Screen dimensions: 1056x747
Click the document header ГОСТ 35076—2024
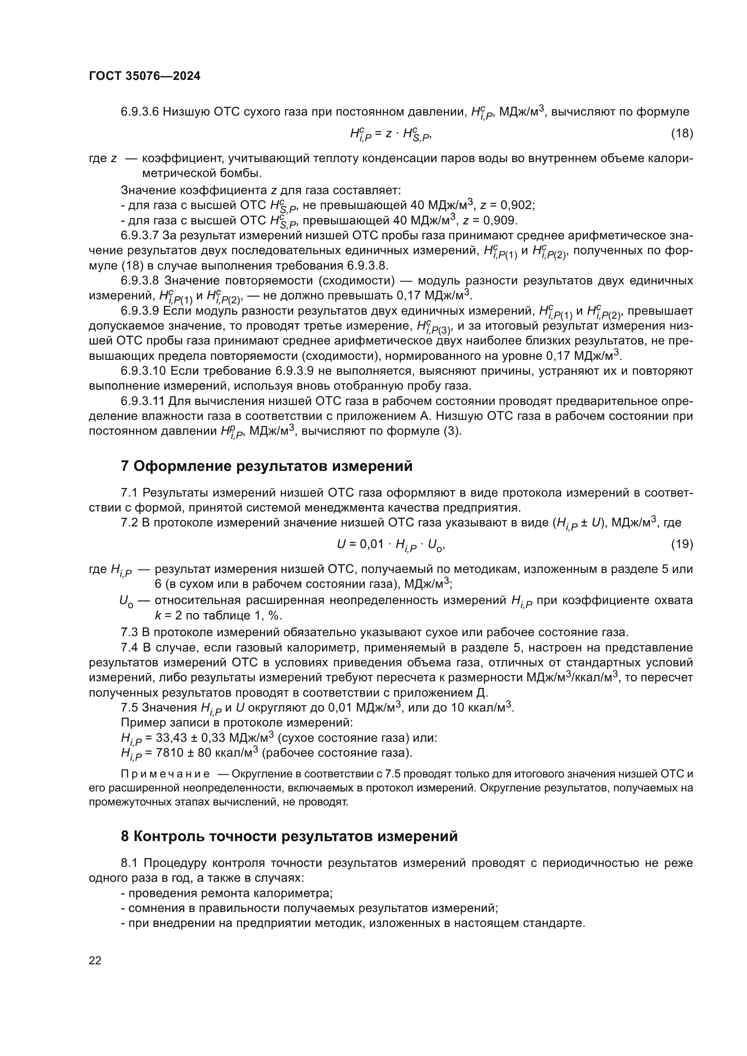[x=145, y=76]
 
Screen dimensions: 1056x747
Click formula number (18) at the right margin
[x=682, y=133]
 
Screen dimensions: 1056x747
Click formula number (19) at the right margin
[x=682, y=544]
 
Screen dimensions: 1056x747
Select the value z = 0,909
[x=490, y=220]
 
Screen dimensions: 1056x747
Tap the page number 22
[x=95, y=960]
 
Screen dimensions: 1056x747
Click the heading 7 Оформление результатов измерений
[x=266, y=466]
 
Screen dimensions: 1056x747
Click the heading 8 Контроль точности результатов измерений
[x=289, y=836]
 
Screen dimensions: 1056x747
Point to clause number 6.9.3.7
[x=140, y=236]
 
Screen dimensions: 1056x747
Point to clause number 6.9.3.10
[x=143, y=371]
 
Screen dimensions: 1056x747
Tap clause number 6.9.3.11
[x=143, y=401]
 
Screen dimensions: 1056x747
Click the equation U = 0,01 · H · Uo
[x=391, y=545]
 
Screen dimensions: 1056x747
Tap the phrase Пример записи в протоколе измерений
[x=236, y=722]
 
